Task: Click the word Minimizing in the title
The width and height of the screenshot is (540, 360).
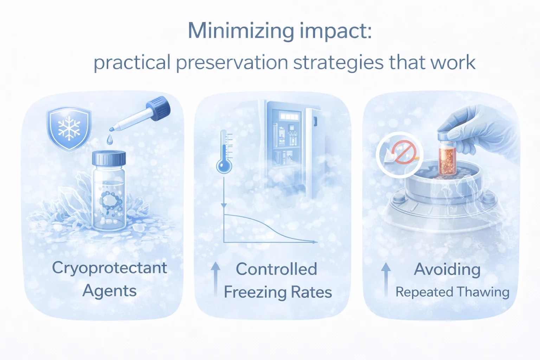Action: coord(241,31)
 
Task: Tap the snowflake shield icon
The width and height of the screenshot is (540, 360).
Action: coord(69,129)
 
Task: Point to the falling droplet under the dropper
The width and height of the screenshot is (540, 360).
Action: coord(110,139)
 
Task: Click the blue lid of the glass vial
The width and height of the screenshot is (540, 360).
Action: coord(109,158)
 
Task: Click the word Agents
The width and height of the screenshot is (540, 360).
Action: coord(110,291)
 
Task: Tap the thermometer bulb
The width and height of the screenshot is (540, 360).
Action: coord(224,166)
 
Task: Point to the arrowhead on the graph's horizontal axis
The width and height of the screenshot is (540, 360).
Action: coord(315,242)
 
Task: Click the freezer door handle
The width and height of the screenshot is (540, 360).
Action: coord(315,121)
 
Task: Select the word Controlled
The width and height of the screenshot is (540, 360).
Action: coord(277,269)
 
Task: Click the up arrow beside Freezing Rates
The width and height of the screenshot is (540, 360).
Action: coord(216,280)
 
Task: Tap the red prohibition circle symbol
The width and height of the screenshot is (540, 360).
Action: coord(404,152)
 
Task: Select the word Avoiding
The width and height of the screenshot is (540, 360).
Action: coord(447,269)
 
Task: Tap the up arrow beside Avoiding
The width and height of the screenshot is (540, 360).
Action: coord(386,280)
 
